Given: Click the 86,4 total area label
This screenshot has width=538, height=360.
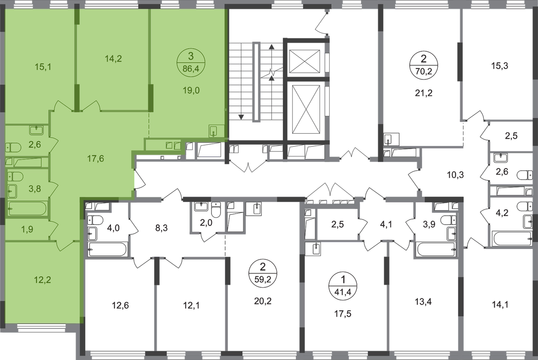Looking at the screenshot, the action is tap(191, 69).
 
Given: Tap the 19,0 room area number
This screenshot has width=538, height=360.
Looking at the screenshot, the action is tap(191, 90).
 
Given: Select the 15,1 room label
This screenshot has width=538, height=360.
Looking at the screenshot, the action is tap(43, 67).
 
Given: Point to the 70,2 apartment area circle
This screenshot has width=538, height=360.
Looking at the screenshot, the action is tap(424, 65).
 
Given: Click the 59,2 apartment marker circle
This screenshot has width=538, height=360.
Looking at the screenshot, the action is tap(263, 273).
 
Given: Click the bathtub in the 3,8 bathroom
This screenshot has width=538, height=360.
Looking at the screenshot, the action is tap(27, 208).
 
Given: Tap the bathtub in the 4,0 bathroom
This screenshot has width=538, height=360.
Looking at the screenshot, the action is tap(107, 249).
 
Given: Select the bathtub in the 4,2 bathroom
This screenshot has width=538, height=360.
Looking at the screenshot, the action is tap(512, 238).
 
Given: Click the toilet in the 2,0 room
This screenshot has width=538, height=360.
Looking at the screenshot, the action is tap(216, 209).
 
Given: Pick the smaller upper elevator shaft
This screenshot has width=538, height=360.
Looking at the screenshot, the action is tap(305, 61).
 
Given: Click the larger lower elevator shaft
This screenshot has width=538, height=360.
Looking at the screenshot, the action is tap(306, 109).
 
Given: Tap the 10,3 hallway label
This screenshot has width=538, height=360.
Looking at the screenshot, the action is tap(455, 175).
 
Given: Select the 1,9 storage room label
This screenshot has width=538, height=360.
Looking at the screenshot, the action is tap(27, 229).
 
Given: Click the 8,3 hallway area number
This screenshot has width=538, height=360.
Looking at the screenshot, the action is tap(161, 228).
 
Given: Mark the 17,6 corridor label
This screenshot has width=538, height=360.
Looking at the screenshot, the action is tap(95, 159).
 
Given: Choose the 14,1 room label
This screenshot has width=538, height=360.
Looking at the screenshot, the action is tap(500, 305).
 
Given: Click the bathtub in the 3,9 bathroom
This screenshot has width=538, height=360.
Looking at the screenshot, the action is tap(437, 249).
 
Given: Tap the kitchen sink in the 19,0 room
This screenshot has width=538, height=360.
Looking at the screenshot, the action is tap(214, 131).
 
